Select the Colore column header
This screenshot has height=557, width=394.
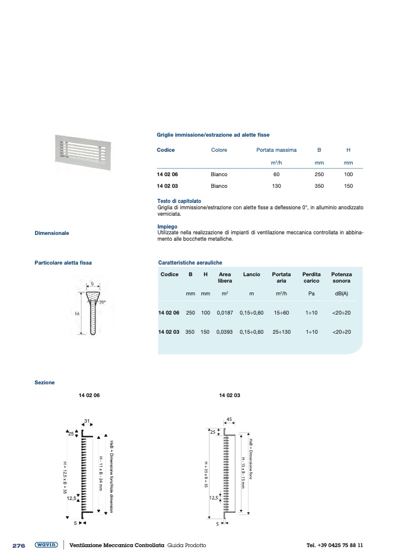[x=219, y=150]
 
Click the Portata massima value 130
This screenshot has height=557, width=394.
[x=276, y=186]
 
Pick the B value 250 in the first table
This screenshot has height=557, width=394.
[x=319, y=174]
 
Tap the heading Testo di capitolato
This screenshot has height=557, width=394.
[x=179, y=201]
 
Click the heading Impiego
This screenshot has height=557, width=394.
[x=167, y=227]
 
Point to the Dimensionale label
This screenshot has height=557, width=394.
[x=52, y=233]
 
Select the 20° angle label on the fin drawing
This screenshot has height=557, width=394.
[x=102, y=302]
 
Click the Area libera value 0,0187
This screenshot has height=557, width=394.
[x=225, y=313]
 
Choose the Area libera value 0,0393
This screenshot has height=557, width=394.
[x=225, y=331]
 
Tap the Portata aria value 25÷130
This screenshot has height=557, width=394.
[x=281, y=331]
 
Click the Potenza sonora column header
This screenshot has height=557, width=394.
[x=341, y=277]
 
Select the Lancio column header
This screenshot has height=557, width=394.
[x=251, y=274]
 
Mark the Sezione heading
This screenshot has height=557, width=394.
[x=45, y=383]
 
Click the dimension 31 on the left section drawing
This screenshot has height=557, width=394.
[x=87, y=421]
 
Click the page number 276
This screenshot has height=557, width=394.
[x=19, y=545]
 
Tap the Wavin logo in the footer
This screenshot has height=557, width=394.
[x=45, y=545]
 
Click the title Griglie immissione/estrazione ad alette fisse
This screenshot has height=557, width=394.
[x=213, y=135]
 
